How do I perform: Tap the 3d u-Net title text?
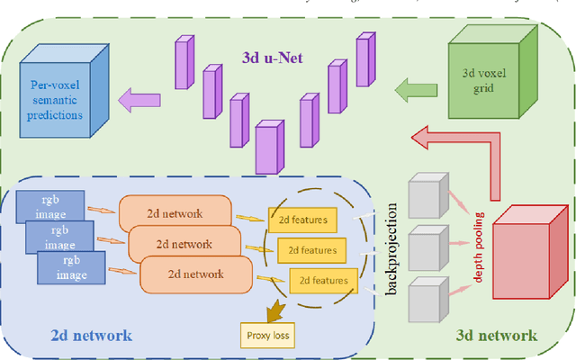point(272,58)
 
